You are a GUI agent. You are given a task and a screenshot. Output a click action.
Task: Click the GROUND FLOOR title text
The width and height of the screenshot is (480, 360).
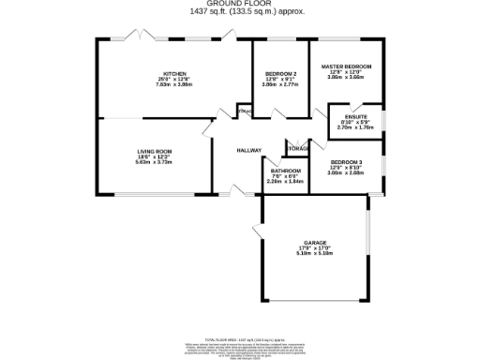pos(239,4)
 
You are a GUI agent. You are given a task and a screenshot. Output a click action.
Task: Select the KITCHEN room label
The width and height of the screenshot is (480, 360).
pos(173,73)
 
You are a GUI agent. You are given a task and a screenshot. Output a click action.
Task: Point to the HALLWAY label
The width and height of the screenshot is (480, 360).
pos(248,150)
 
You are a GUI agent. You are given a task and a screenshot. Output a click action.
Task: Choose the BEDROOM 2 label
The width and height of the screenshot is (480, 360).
pos(280,73)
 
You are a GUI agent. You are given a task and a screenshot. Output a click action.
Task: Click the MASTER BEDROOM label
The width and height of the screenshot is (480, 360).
pos(346,67)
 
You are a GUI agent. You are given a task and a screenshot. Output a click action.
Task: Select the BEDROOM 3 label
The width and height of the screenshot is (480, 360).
pos(346,161)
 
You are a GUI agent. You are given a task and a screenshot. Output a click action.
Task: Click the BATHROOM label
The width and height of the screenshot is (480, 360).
pos(286,171)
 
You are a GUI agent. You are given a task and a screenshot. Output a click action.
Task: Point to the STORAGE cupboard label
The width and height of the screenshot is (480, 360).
pos(298,149)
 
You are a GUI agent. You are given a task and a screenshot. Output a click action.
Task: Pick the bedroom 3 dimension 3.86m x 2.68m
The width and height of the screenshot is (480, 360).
pos(346,172)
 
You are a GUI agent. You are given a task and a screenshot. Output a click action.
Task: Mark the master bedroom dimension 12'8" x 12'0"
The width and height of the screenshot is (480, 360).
pos(346,72)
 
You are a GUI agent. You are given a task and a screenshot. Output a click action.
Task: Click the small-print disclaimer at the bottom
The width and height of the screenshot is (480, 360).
pos(239,348)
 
